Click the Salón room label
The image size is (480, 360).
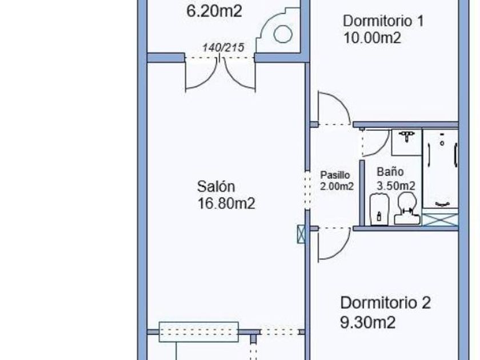[216, 186]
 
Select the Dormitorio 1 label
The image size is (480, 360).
[383, 22]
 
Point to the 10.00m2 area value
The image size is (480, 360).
[371, 38]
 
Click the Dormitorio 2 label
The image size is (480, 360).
[386, 302]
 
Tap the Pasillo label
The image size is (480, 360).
[334, 175]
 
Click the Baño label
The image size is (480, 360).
[390, 171]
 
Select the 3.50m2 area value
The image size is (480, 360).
[395, 186]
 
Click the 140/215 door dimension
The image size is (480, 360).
[220, 47]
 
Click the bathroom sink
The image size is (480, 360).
[406, 140]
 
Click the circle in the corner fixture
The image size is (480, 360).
[282, 34]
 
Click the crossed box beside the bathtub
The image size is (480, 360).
[441, 219]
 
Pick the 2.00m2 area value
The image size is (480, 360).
[337, 186]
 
